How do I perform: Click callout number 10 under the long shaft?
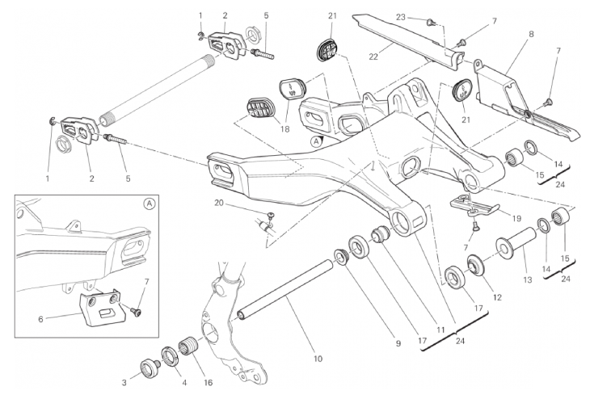[317, 359]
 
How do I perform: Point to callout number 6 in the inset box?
[40, 319]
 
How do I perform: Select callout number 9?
[398, 343]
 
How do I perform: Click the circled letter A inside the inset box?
[150, 204]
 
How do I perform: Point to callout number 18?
[283, 128]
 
